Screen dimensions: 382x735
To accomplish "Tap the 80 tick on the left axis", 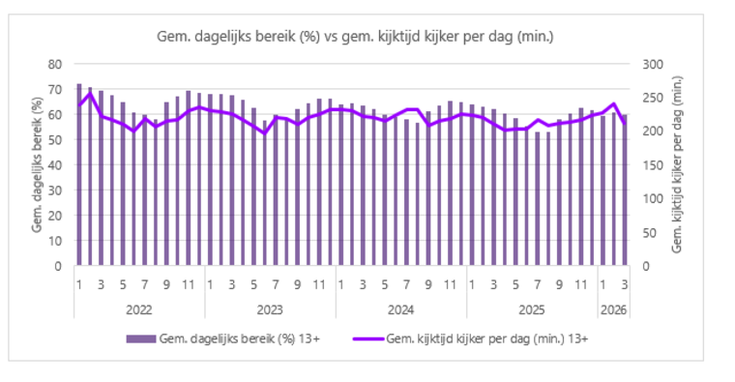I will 54,64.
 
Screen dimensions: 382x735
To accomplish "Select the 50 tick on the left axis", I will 54,139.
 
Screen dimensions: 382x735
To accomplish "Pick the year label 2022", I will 139,309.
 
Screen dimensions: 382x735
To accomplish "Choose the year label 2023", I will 270,309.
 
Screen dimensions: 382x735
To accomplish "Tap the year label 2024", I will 400,309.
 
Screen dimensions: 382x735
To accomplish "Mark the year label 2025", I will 532,309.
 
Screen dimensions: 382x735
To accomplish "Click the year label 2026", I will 613,309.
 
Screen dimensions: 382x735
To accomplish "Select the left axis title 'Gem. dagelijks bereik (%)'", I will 37,164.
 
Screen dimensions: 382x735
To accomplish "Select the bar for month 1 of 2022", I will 79,174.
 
